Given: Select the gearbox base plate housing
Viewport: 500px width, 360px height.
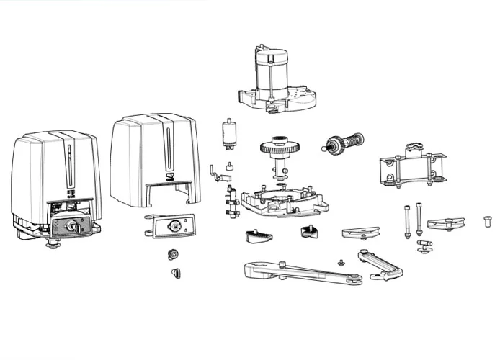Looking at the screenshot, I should coord(278,199).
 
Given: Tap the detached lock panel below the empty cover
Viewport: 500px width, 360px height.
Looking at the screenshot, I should coord(173,226).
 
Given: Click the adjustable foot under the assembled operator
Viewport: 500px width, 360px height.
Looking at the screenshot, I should coord(53,246).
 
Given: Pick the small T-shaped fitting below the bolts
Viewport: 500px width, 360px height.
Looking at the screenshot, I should coord(424,246).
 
